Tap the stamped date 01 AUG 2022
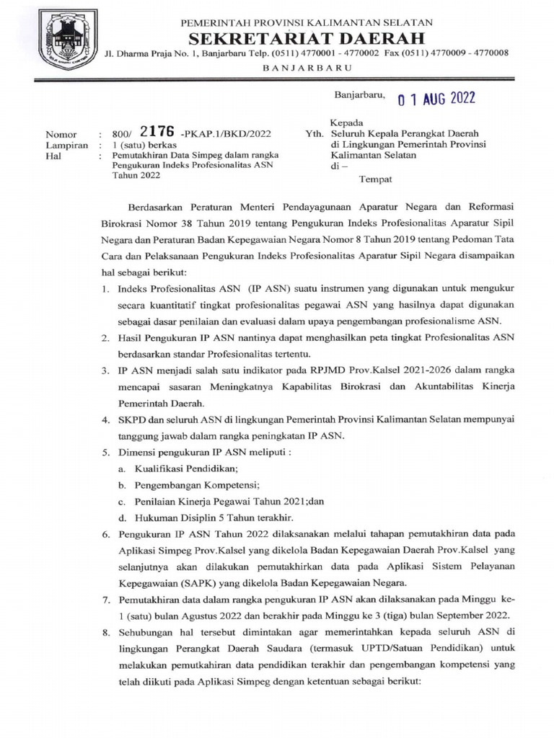tap(436, 99)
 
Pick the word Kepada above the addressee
tap(346, 123)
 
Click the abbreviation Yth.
tap(315, 134)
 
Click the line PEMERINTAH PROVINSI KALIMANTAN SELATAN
tap(306, 23)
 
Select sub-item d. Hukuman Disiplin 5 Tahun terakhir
tap(198, 517)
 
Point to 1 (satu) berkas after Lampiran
tap(137, 144)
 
